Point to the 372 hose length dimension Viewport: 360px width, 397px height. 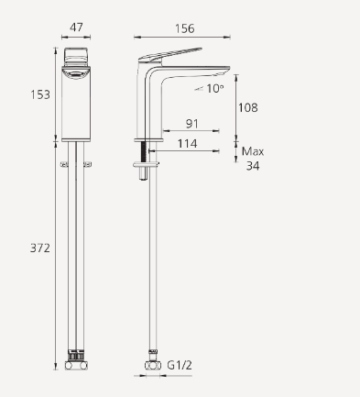(x=39, y=248)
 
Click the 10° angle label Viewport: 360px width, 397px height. (x=213, y=89)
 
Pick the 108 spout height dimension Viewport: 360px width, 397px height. (x=248, y=107)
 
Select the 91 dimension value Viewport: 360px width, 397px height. (x=193, y=124)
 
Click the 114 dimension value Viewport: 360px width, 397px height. (x=187, y=143)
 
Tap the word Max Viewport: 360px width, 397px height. (x=253, y=150)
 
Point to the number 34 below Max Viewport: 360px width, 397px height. (x=253, y=166)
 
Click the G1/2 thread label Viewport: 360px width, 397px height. (x=180, y=365)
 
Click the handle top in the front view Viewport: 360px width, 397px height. (x=77, y=53)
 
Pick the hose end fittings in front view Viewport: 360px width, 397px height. (x=77, y=363)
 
